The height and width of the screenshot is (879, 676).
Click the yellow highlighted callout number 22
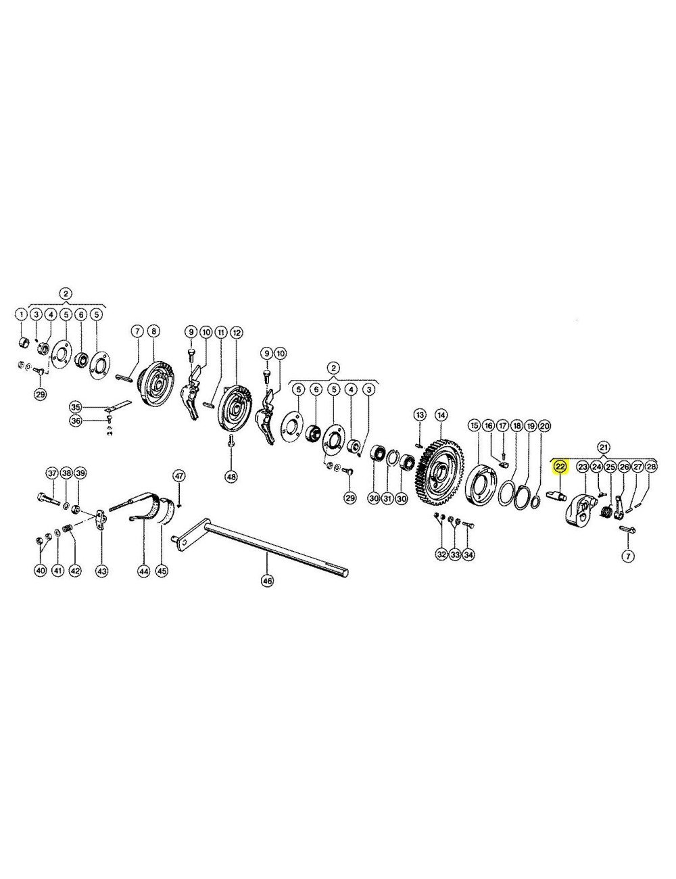pos(560,467)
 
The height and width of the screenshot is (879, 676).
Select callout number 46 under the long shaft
pos(268,581)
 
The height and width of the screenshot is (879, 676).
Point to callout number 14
pos(441,414)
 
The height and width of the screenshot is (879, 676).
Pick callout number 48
pos(231,477)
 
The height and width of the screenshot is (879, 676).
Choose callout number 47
pos(178,475)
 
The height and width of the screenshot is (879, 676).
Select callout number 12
pos(236,332)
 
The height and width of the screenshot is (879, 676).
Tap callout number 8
pos(153,331)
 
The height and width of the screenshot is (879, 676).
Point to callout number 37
pos(52,473)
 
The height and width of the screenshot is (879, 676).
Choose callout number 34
pos(468,554)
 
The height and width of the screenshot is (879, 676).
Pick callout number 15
pos(474,427)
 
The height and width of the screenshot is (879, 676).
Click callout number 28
pos(651,467)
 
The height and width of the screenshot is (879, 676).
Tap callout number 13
pos(420,414)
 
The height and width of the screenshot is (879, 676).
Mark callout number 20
pos(545,427)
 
